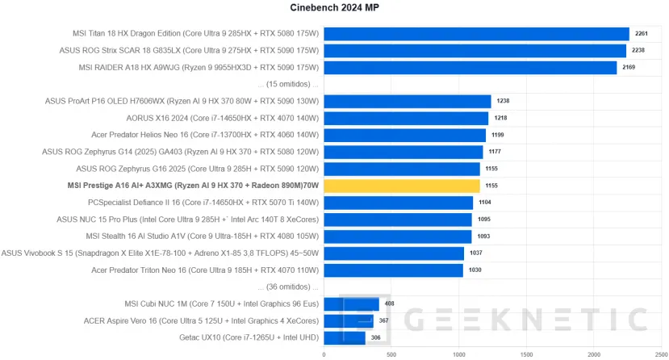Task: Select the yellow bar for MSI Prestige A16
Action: pos(401,186)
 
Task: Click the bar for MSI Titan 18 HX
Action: pos(476,33)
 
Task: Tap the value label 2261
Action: pos(641,33)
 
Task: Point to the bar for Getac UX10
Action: pos(344,337)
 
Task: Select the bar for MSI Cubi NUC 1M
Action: pos(351,303)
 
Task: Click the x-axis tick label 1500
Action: pos(527,354)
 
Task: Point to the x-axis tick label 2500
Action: pos(662,354)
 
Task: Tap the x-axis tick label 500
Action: pos(391,354)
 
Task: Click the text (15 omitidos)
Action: pos(287,84)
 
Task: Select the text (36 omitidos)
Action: pos(287,287)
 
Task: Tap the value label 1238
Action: pos(503,101)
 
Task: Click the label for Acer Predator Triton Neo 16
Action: pos(206,270)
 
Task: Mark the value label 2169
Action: pos(629,67)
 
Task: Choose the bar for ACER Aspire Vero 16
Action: pos(349,320)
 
